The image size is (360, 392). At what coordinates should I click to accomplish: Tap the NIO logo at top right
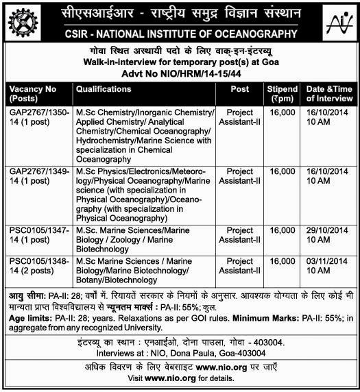(x=337, y=23)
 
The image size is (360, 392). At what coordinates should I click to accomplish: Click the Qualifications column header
(x=104, y=89)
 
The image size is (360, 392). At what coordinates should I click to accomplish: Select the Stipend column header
(x=283, y=93)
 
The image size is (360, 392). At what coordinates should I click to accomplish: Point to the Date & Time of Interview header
(x=328, y=93)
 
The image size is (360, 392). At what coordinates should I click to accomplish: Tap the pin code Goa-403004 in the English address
(x=245, y=354)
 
